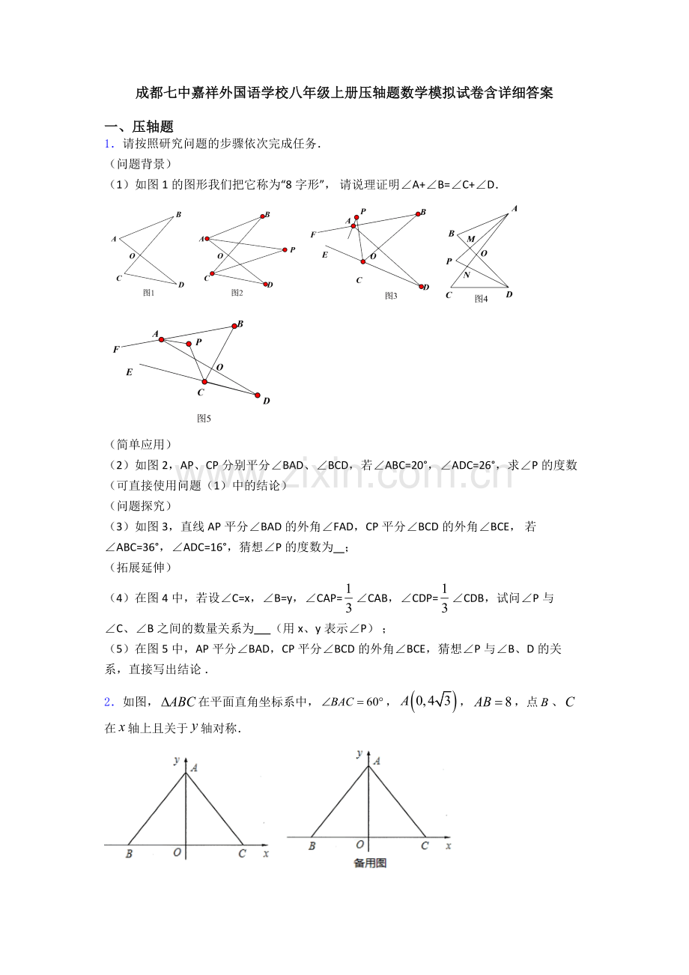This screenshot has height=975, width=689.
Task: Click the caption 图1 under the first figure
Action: [148, 293]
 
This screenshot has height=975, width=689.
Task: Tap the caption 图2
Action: [237, 293]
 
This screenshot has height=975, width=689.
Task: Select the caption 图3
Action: [391, 296]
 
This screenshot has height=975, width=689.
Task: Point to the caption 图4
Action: [481, 299]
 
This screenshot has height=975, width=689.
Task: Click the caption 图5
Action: [204, 419]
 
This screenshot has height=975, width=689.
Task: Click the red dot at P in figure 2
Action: [285, 249]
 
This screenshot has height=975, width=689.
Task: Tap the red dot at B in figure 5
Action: [234, 325]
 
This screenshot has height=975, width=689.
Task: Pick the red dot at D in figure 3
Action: [422, 287]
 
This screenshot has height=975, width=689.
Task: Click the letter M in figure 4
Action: [471, 239]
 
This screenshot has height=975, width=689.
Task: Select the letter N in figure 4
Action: [467, 275]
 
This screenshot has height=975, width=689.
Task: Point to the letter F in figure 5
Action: [116, 350]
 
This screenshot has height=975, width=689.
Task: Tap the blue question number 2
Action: [109, 702]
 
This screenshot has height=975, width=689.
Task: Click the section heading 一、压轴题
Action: [139, 127]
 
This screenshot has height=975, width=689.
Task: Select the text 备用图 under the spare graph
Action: [370, 863]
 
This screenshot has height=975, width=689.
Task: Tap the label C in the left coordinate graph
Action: [241, 854]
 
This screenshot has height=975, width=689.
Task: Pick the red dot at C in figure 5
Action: [204, 382]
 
